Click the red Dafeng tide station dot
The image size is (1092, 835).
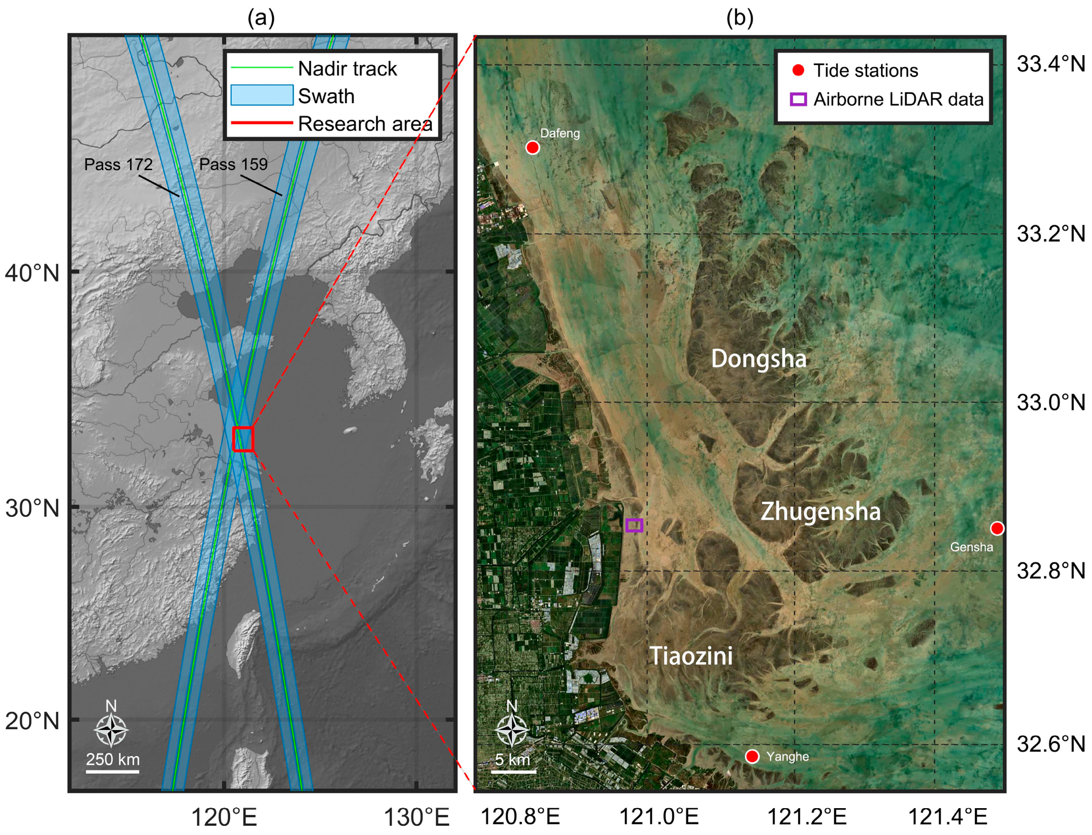click(x=533, y=148)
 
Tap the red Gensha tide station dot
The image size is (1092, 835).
click(x=997, y=528)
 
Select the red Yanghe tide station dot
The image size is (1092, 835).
click(x=752, y=756)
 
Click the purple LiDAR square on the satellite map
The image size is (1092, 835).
click(x=634, y=525)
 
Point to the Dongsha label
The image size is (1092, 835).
click(x=758, y=359)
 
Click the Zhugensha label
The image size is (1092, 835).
click(x=821, y=511)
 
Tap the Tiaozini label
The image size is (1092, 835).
click(x=691, y=656)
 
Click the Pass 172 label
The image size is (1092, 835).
click(x=118, y=164)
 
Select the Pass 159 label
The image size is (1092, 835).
click(x=233, y=164)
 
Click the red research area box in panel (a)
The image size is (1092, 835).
click(x=243, y=439)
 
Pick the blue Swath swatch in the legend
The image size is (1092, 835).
click(x=261, y=95)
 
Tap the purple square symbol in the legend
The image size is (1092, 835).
click(x=798, y=99)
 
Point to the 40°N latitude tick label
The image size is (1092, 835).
click(x=32, y=273)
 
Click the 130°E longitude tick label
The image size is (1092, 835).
click(x=417, y=817)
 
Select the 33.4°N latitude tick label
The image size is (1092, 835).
click(x=1051, y=64)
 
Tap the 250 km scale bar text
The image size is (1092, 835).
click(x=113, y=759)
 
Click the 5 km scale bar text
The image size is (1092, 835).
click(x=513, y=760)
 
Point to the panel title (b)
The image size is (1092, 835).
click(x=740, y=18)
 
